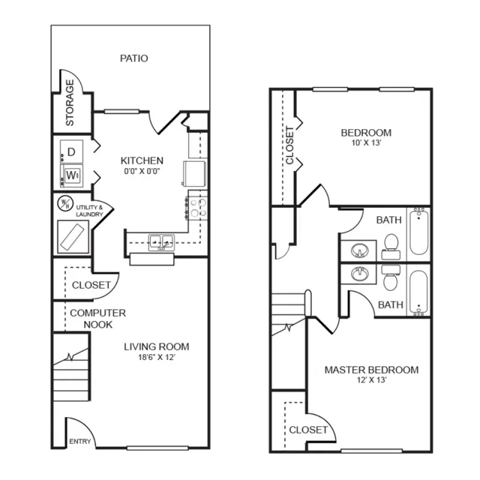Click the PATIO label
pyautogui.click(x=133, y=58)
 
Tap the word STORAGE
pyautogui.click(x=70, y=103)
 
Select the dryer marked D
pyautogui.click(x=72, y=151)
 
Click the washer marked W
pyautogui.click(x=72, y=175)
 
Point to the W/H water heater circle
pyautogui.click(x=65, y=203)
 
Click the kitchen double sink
pyautogui.click(x=161, y=242)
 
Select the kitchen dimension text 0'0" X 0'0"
pyautogui.click(x=142, y=171)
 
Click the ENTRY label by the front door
pyautogui.click(x=80, y=441)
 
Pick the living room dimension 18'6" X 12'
pyautogui.click(x=157, y=357)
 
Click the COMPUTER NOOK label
pyautogui.click(x=98, y=319)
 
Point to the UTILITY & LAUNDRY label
pyautogui.click(x=89, y=211)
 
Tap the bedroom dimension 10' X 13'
pyautogui.click(x=366, y=143)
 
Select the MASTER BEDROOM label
pyautogui.click(x=372, y=370)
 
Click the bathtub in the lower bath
pyautogui.click(x=418, y=292)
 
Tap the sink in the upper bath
pyautogui.click(x=360, y=250)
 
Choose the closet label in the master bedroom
pyautogui.click(x=308, y=430)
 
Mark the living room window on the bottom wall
pyautogui.click(x=157, y=448)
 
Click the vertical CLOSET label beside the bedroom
pyautogui.click(x=289, y=145)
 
